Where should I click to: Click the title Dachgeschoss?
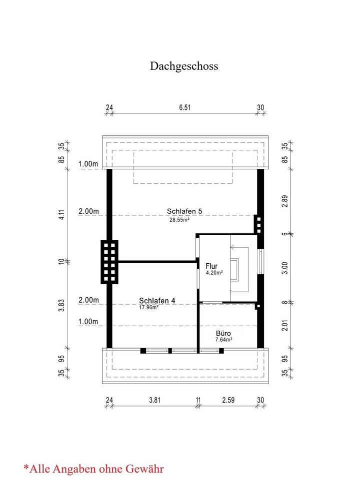pyautogui.click(x=184, y=66)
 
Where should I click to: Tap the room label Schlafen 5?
pyautogui.click(x=184, y=211)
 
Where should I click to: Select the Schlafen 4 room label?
pyautogui.click(x=157, y=301)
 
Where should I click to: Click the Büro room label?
pyautogui.click(x=224, y=333)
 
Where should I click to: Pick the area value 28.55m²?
pyautogui.click(x=179, y=219)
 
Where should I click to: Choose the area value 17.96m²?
pyautogui.click(x=148, y=308)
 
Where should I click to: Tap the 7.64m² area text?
pyautogui.click(x=223, y=340)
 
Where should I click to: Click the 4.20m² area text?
pyautogui.click(x=214, y=273)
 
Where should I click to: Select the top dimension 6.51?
pyautogui.click(x=184, y=107)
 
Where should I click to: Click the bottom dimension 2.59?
pyautogui.click(x=228, y=400)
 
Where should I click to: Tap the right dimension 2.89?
pyautogui.click(x=285, y=201)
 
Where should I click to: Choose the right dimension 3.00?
pyautogui.click(x=285, y=268)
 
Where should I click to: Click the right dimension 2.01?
pyautogui.click(x=285, y=325)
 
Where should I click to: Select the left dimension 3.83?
pyautogui.click(x=61, y=305)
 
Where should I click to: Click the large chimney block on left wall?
pyautogui.click(x=109, y=262)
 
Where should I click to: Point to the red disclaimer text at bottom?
pyautogui.click(x=93, y=469)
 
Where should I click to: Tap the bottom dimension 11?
pyautogui.click(x=198, y=400)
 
